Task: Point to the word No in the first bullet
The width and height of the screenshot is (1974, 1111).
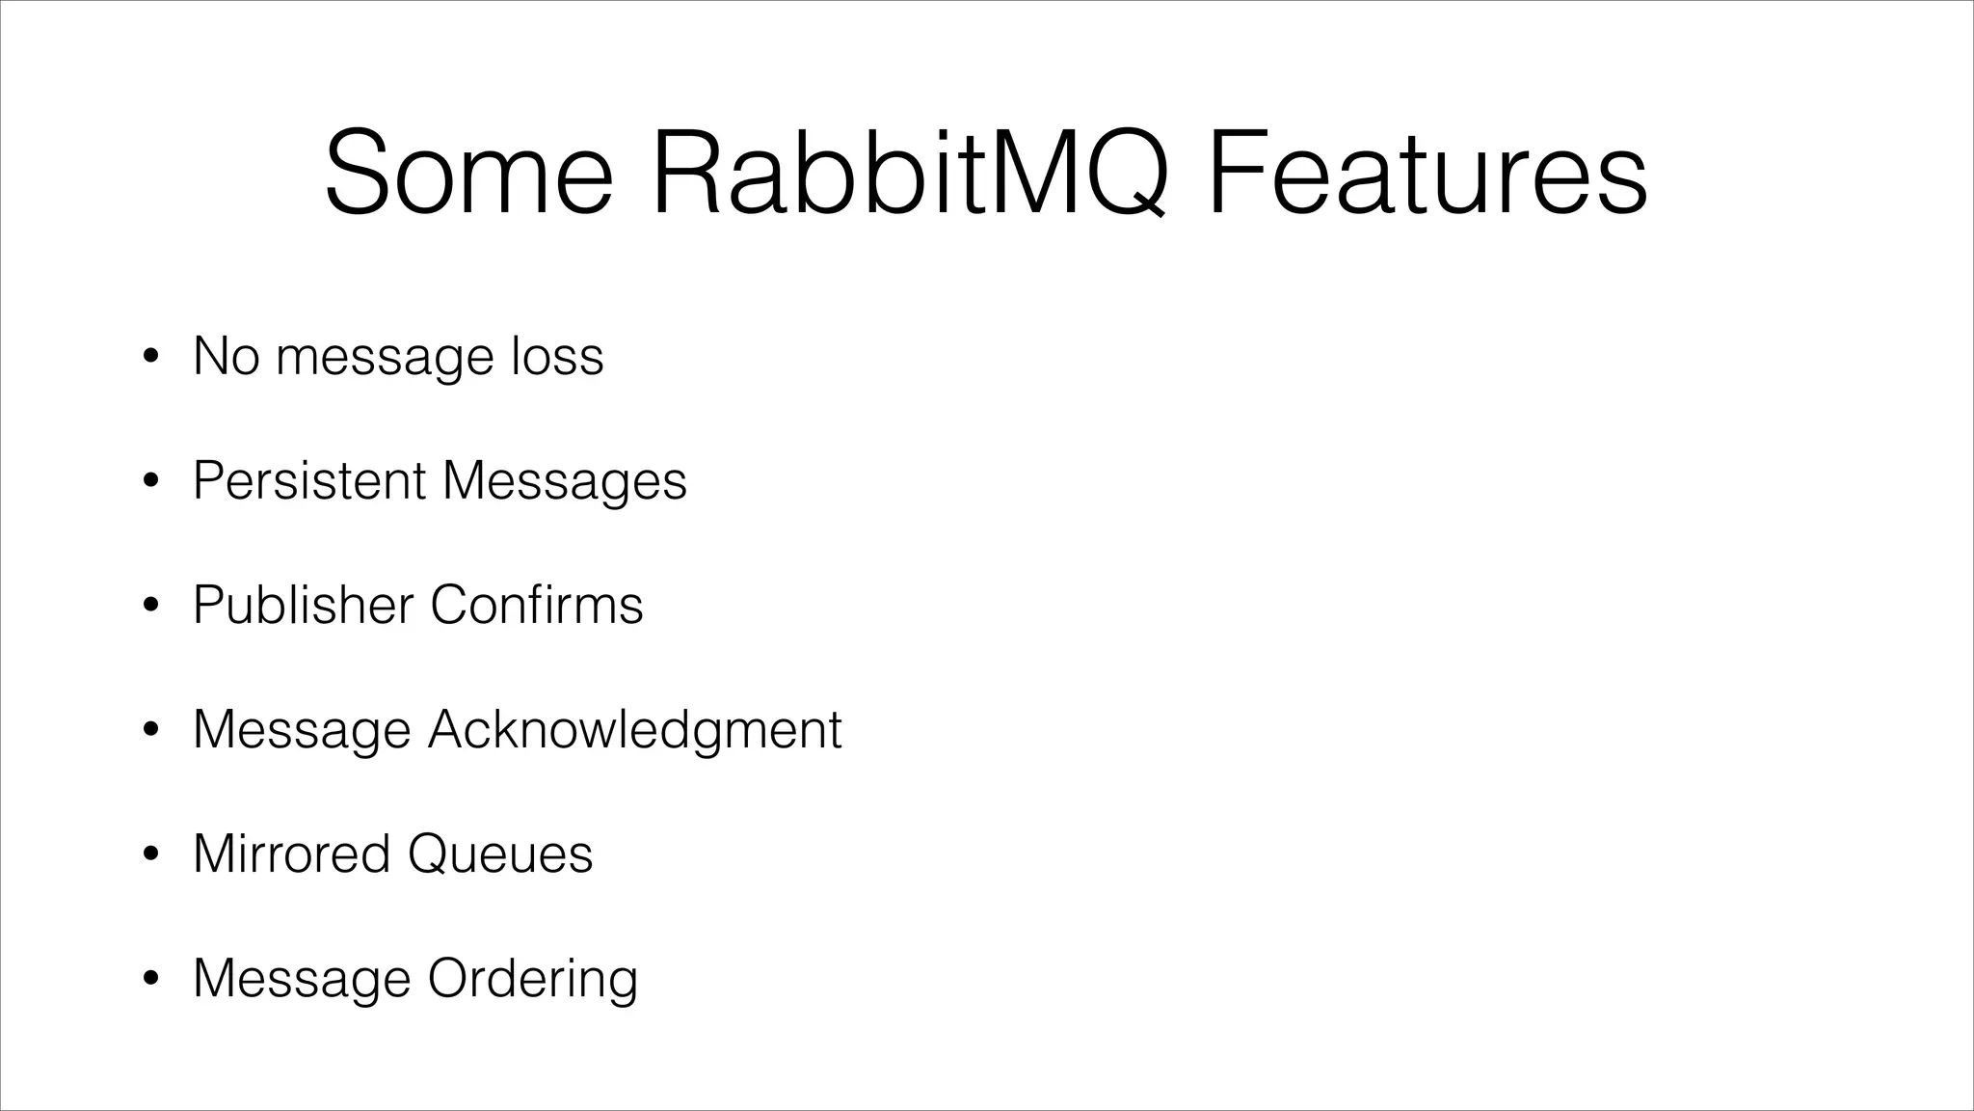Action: click(227, 356)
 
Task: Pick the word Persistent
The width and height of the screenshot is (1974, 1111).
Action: click(309, 479)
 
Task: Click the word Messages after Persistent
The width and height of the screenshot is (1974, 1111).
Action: click(565, 481)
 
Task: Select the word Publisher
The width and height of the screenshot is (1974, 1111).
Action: click(303, 605)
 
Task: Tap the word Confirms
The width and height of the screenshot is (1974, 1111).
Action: click(537, 605)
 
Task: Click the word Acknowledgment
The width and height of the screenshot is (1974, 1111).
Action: click(635, 730)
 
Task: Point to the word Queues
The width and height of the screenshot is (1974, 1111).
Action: click(500, 854)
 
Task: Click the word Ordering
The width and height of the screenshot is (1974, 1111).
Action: click(533, 979)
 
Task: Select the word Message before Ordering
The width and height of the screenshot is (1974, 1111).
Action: click(302, 979)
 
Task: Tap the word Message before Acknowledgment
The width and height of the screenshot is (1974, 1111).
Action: click(302, 730)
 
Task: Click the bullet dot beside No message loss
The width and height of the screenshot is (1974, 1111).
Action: click(149, 358)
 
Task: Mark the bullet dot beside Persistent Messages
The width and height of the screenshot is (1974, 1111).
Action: click(149, 481)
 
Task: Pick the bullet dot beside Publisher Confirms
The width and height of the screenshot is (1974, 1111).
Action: click(149, 607)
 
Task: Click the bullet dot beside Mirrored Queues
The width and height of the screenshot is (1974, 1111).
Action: click(149, 855)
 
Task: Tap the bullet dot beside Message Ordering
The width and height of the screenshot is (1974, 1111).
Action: click(149, 980)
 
